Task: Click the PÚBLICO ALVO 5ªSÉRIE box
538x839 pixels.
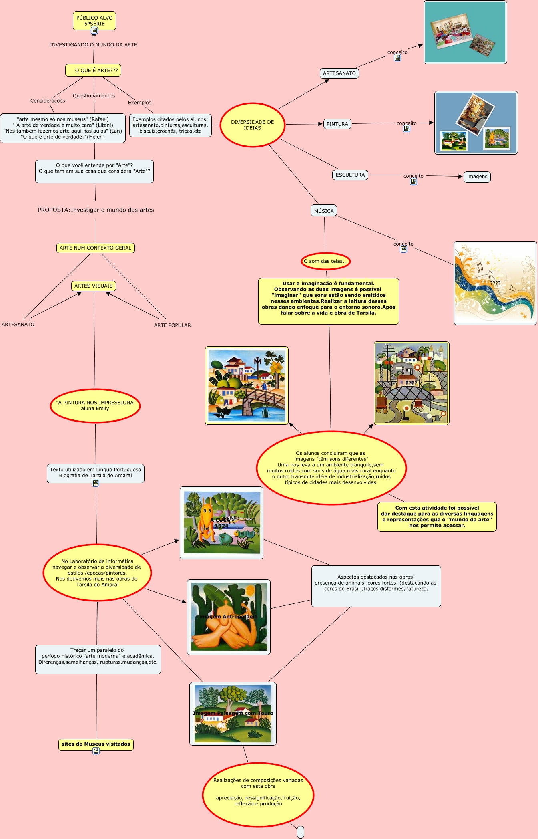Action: point(94,20)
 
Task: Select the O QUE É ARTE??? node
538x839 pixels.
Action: point(93,70)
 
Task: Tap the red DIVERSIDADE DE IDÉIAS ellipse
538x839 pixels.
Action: point(253,125)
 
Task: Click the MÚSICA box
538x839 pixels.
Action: point(324,211)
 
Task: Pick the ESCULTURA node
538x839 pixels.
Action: point(350,175)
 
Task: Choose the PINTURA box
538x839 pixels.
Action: point(337,124)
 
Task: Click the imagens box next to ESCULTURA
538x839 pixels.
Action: point(477,177)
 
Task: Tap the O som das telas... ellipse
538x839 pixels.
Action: point(326,261)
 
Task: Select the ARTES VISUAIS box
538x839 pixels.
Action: point(94,286)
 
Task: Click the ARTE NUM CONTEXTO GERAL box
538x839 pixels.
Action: point(96,248)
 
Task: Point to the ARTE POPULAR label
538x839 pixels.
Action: point(173,325)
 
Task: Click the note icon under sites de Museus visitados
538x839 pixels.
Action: point(96,751)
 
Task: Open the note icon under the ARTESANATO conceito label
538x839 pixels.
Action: point(397,58)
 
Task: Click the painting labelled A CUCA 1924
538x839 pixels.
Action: point(221,522)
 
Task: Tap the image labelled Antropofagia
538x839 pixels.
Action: point(229,617)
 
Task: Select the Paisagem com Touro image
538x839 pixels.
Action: point(233,714)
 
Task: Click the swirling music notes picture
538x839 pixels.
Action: point(495,283)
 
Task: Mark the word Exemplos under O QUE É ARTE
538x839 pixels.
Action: point(140,103)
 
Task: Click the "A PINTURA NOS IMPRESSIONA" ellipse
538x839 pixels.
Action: point(95,405)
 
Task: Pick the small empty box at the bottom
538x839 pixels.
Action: point(301,832)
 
